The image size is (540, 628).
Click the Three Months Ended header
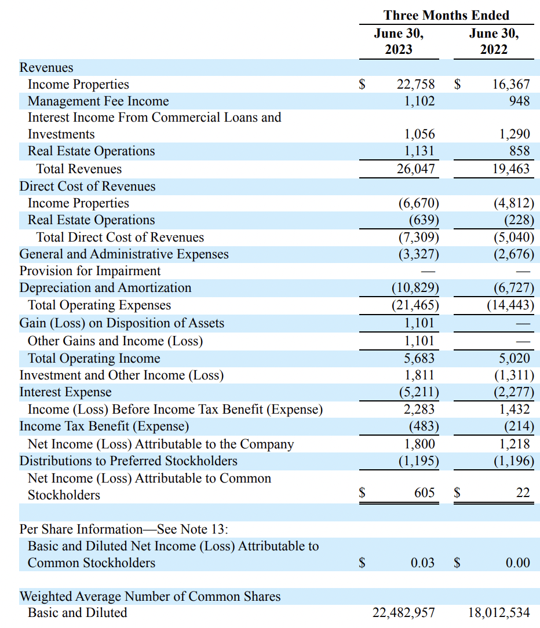(446, 15)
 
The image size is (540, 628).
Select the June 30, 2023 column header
(399, 41)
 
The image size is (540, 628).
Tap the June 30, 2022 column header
(494, 41)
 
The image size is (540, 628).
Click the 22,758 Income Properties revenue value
(415, 85)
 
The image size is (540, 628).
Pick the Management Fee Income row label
(98, 101)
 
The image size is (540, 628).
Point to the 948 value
(519, 101)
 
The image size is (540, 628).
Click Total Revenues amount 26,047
(415, 169)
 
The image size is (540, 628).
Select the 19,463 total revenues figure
(510, 169)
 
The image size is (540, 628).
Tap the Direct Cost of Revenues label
(87, 187)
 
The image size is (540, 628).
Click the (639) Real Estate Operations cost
(424, 220)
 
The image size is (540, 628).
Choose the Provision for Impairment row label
(90, 271)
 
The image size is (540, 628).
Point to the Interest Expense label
(65, 392)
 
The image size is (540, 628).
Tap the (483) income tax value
(424, 426)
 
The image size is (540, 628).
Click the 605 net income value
(424, 493)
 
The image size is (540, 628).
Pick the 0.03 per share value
(422, 563)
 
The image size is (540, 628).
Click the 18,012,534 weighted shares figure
(498, 612)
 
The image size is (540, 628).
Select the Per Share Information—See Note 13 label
(123, 529)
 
